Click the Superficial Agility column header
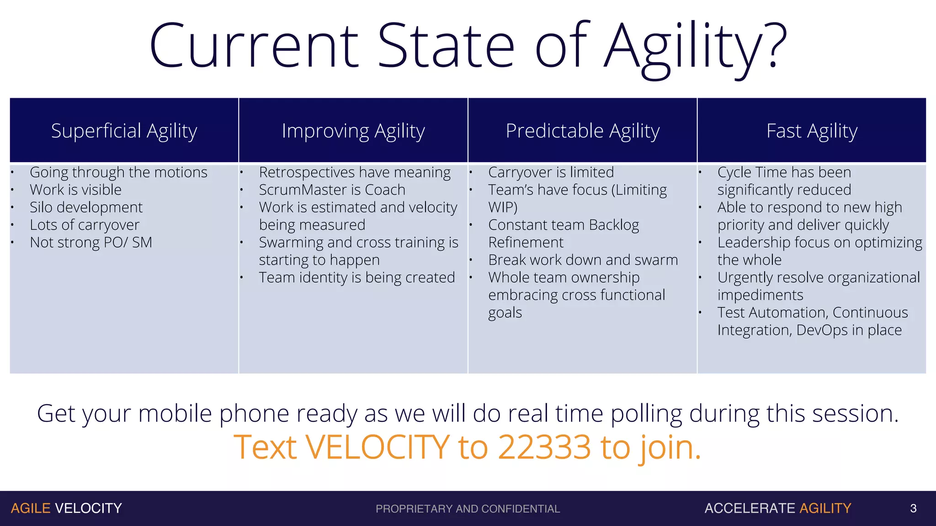point(124,131)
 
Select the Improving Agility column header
point(353,131)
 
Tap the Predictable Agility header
point(582,131)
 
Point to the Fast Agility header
point(812,131)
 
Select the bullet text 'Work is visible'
point(75,189)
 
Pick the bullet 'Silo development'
point(86,207)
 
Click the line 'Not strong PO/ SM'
point(90,242)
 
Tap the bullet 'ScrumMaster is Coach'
point(332,189)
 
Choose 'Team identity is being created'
point(356,278)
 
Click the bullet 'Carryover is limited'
point(551,172)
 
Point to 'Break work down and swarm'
point(583,260)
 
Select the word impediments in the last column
point(760,295)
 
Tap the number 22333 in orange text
point(544,447)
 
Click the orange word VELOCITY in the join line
point(378,447)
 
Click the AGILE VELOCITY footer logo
point(66,508)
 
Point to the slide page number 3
point(913,508)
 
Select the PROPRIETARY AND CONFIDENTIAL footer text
point(468,509)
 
